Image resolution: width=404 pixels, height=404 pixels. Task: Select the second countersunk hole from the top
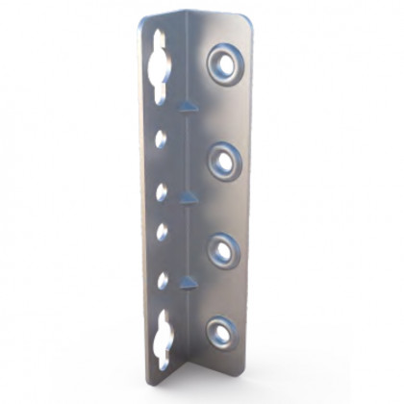223,161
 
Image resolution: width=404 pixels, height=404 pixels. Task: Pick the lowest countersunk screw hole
220,333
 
